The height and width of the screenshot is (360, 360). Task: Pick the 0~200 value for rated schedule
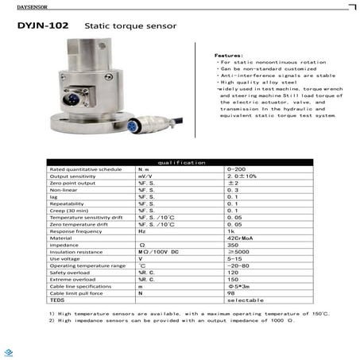point(236,169)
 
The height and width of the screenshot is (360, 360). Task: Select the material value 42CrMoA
point(238,238)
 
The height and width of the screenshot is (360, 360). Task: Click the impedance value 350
point(233,245)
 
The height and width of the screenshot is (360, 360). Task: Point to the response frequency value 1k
point(231,230)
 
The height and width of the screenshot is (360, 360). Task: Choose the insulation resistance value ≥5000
point(236,252)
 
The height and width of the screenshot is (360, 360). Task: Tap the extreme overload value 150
point(233,280)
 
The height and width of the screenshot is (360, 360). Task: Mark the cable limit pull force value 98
point(231,293)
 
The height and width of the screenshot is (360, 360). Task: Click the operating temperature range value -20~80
point(237,265)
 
